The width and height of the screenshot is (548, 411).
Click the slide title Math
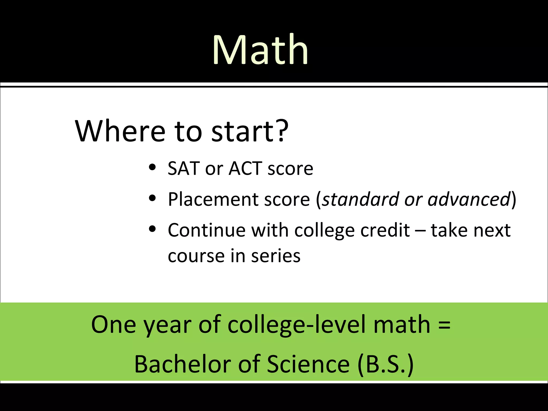260,50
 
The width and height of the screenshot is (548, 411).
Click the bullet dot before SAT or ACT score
152,168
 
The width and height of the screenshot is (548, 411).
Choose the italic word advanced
469,199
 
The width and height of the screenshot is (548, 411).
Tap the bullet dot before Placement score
152,198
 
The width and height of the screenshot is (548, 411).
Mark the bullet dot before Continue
152,229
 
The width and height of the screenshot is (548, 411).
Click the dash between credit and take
420,231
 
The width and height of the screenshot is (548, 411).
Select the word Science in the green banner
308,364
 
